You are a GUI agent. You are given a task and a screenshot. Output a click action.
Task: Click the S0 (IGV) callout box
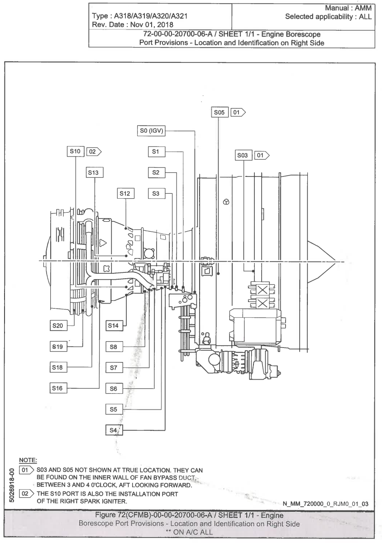point(152,132)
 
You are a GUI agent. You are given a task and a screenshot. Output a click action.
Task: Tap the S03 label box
point(243,156)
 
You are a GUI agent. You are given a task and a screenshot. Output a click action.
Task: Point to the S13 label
point(94,172)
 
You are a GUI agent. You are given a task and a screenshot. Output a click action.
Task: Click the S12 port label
point(125,194)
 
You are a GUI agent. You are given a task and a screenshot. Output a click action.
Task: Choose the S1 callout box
point(155,152)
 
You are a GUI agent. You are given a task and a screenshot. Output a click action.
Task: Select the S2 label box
point(155,172)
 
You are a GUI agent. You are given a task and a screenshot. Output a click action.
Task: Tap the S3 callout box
point(155,194)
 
